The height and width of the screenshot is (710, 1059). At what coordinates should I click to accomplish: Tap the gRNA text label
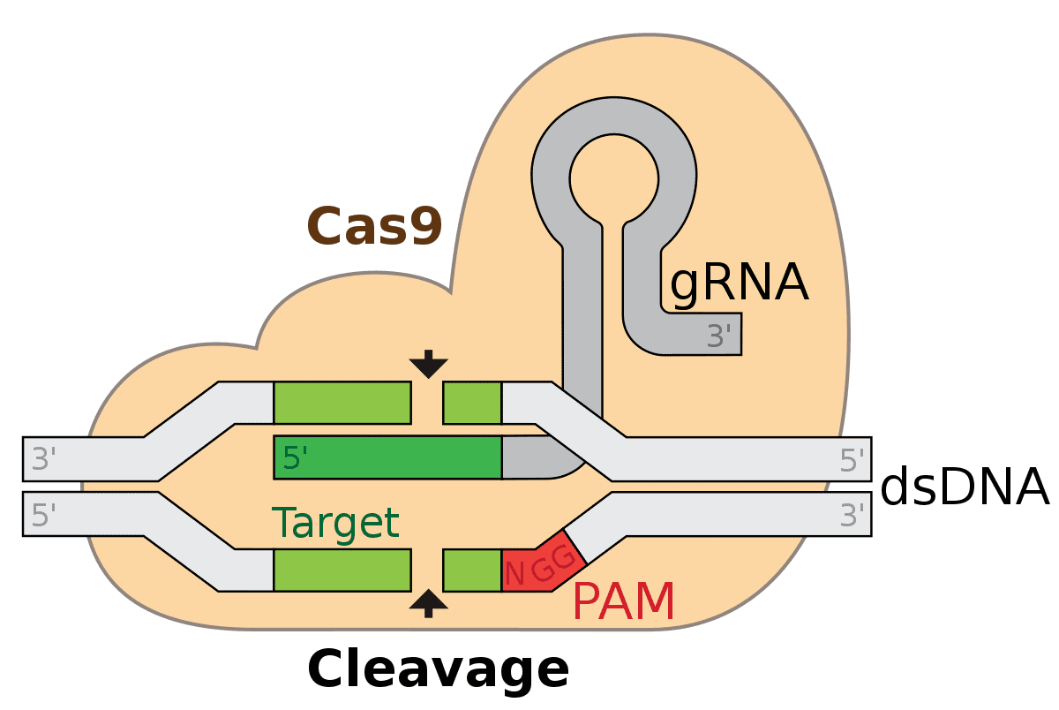pyautogui.click(x=739, y=284)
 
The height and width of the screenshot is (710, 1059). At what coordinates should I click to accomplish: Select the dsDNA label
pyautogui.click(x=964, y=488)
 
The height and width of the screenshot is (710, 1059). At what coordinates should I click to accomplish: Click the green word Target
pyautogui.click(x=335, y=523)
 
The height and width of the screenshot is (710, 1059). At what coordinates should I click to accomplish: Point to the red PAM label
pyautogui.click(x=623, y=602)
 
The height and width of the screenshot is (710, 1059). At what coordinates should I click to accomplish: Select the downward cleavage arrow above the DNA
pyautogui.click(x=429, y=363)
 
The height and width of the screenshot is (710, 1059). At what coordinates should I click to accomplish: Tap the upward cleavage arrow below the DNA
pyautogui.click(x=429, y=604)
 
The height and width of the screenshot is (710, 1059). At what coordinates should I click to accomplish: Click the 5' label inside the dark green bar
pyautogui.click(x=295, y=458)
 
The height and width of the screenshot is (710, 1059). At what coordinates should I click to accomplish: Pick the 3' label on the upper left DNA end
pyautogui.click(x=44, y=459)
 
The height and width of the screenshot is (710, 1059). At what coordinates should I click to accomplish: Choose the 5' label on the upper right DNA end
pyautogui.click(x=852, y=459)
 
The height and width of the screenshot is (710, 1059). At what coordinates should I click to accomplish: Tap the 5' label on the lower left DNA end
pyautogui.click(x=44, y=515)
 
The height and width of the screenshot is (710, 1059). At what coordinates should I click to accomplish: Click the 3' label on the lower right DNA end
pyautogui.click(x=852, y=515)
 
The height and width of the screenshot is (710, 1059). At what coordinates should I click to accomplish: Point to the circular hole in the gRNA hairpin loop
pyautogui.click(x=613, y=173)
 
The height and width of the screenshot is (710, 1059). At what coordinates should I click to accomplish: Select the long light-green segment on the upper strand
pyautogui.click(x=342, y=403)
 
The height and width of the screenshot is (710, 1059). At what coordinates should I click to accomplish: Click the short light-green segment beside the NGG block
pyautogui.click(x=471, y=570)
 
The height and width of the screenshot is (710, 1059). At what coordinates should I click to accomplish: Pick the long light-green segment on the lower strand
pyautogui.click(x=342, y=570)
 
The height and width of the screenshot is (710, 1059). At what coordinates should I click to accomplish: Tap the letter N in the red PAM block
pyautogui.click(x=516, y=575)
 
